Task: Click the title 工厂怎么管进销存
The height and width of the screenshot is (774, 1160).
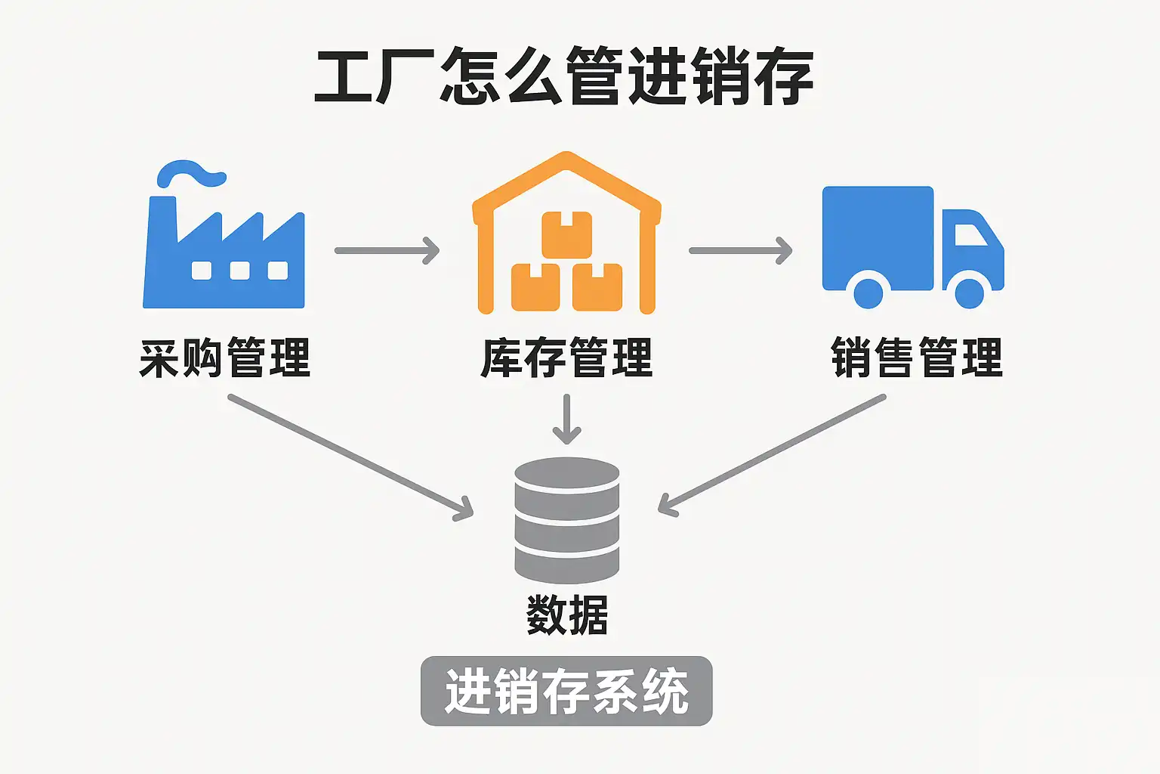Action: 563,76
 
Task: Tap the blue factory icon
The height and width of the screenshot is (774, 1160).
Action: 224,249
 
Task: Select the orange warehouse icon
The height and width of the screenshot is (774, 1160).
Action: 566,234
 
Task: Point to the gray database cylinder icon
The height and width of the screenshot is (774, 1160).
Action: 566,520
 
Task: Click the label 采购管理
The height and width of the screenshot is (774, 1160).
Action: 225,358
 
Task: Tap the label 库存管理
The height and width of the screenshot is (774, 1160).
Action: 566,358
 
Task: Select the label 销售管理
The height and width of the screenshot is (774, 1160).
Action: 917,358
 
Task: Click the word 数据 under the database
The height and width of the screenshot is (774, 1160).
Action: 566,615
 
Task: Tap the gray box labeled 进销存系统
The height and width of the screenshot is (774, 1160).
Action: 566,692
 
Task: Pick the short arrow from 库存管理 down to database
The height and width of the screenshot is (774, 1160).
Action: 566,420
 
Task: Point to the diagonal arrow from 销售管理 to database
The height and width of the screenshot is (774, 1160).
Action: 772,454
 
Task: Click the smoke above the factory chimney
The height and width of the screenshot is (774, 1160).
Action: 192,173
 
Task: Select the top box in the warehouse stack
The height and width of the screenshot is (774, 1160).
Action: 566,234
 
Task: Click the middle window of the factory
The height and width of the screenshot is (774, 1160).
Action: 239,270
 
